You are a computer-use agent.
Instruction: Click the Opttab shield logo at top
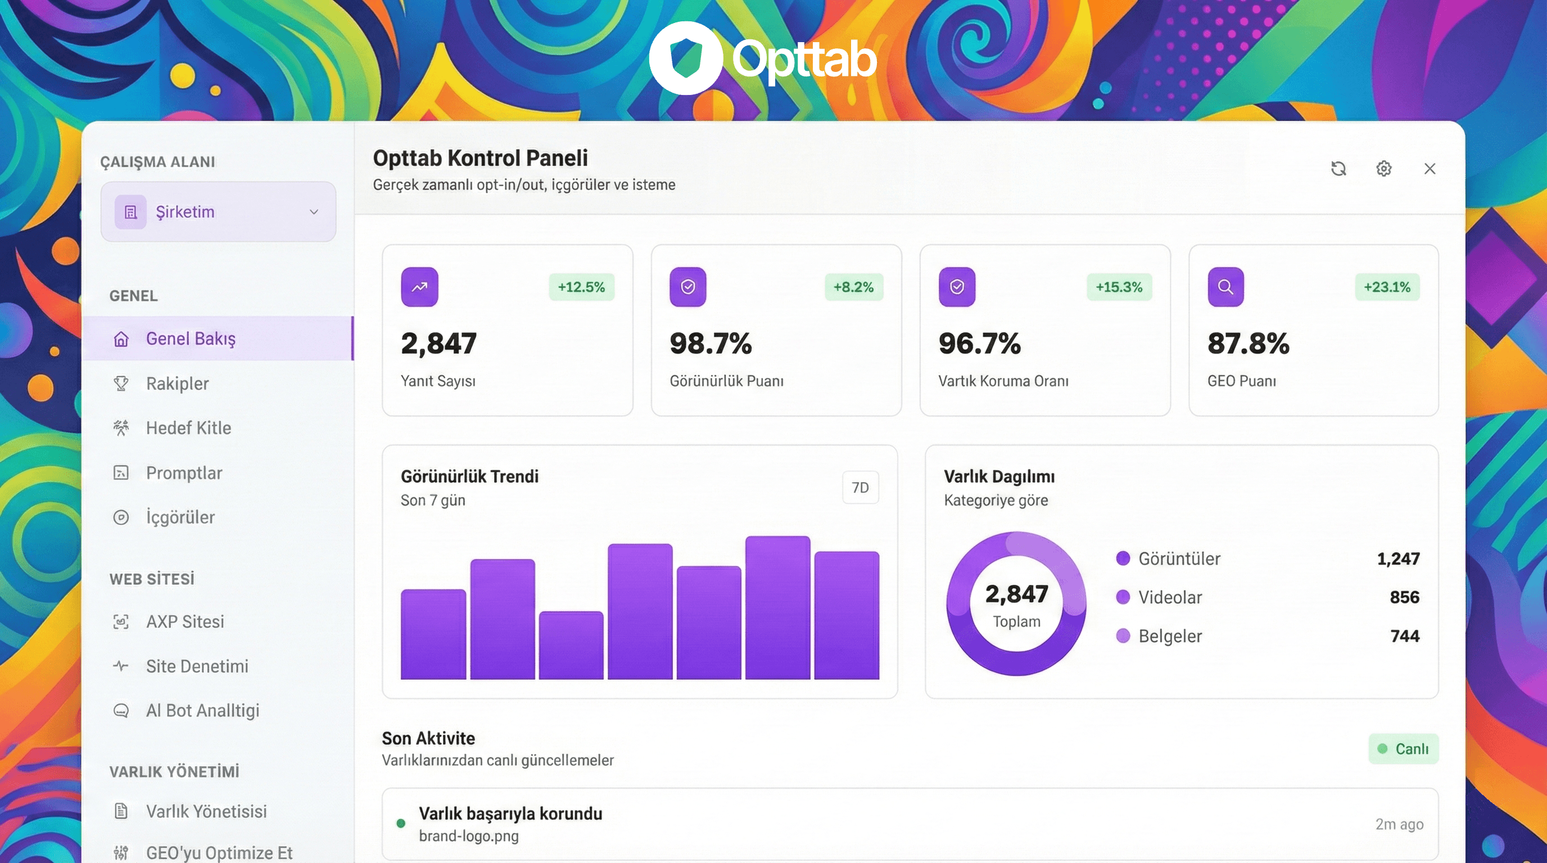point(685,58)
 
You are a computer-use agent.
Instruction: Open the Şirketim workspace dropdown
point(218,212)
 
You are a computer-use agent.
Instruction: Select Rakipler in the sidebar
point(177,384)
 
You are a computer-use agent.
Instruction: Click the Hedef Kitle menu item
point(188,428)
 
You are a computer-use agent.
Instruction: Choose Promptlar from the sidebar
point(184,473)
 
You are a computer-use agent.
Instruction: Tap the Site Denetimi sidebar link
point(196,666)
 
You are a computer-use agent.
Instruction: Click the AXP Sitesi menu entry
point(184,622)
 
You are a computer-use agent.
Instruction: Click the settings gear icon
point(1383,169)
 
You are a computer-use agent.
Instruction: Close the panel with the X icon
point(1430,169)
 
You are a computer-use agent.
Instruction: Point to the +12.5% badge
point(581,287)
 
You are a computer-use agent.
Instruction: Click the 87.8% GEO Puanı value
point(1248,344)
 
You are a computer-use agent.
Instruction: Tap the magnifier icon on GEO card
point(1225,287)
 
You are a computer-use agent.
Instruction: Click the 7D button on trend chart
point(860,487)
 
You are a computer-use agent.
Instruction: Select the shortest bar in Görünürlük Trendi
point(571,645)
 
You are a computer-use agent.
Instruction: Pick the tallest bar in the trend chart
point(777,607)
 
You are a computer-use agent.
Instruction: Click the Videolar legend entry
point(1169,597)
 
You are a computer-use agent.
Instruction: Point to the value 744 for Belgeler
point(1404,635)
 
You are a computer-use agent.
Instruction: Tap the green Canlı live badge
point(1403,748)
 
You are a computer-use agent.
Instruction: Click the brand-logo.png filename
point(468,836)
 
